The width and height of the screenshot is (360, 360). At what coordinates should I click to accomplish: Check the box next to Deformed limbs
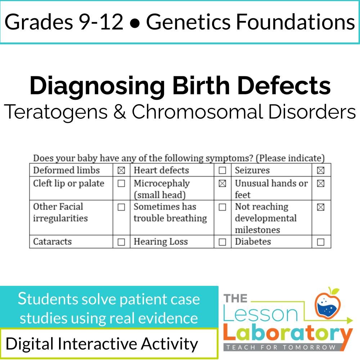[121, 170]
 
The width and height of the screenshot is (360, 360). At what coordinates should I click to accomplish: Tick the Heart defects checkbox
[222, 170]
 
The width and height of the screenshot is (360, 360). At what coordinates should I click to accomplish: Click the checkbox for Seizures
[320, 170]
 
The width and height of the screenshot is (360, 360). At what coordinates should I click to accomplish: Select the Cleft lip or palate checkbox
[121, 183]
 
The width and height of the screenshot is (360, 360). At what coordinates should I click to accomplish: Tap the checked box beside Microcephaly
[222, 183]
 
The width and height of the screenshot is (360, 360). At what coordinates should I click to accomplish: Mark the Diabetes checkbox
[320, 242]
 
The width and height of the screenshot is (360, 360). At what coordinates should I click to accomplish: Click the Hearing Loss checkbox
[222, 242]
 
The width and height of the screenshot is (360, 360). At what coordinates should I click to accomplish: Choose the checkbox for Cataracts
[121, 242]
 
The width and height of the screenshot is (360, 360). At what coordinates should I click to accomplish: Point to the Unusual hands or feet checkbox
[320, 183]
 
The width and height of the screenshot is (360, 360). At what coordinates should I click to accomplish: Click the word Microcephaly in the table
[162, 183]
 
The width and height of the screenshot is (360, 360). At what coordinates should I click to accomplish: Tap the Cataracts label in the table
[52, 242]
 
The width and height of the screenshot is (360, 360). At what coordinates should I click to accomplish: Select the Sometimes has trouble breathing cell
[170, 212]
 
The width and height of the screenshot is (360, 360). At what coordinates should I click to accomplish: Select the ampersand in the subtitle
[120, 112]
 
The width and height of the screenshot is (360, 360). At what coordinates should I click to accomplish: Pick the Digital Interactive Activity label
[102, 344]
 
